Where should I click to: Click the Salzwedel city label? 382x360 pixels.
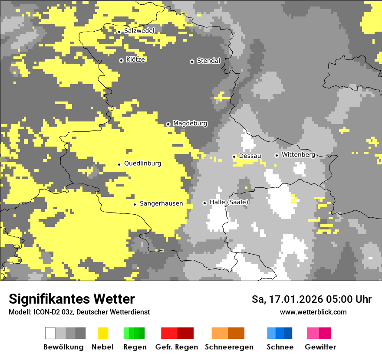click(x=139, y=31)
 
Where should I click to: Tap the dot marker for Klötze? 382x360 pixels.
click(x=121, y=60)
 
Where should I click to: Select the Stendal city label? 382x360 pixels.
click(x=208, y=61)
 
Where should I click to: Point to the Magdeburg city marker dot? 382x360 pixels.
click(x=168, y=124)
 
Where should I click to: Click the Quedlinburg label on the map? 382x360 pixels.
click(x=142, y=164)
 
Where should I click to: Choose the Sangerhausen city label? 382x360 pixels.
click(x=161, y=203)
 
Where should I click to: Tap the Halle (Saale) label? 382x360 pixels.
click(x=229, y=202)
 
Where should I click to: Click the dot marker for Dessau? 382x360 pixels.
click(x=234, y=157)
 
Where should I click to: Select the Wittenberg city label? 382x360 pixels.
click(x=298, y=154)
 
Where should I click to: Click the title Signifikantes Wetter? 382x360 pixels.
click(x=72, y=299)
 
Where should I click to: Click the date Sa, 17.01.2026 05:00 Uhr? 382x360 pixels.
click(x=311, y=299)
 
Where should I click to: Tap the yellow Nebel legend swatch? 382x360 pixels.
click(x=103, y=333)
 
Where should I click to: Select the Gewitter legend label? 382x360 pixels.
click(x=320, y=347)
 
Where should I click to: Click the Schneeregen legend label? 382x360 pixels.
click(x=229, y=347)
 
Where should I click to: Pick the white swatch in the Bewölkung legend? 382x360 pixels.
click(x=50, y=333)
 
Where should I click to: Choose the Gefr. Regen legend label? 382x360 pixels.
click(x=176, y=347)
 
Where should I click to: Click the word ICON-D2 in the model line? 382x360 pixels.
click(x=43, y=312)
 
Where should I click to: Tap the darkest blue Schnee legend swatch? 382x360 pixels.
click(x=288, y=333)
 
